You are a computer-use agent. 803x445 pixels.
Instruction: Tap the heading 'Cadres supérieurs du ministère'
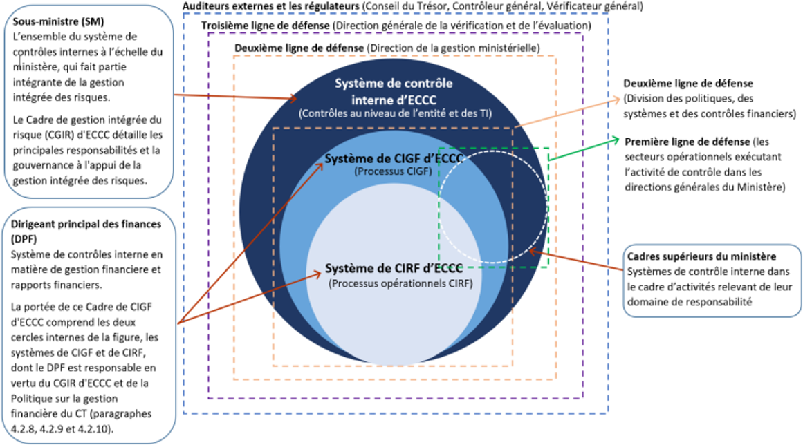(x=697, y=257)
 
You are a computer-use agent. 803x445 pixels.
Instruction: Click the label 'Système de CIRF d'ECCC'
(x=394, y=268)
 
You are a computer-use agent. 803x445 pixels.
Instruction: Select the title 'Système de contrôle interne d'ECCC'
(x=394, y=91)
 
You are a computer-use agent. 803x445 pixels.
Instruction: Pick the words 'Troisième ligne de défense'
(x=266, y=25)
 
